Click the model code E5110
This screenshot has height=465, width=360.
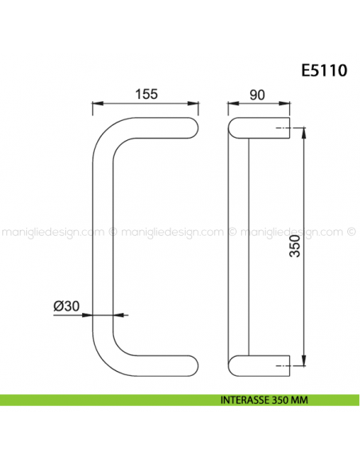pyautogui.click(x=323, y=70)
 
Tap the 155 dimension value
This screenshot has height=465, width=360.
pyautogui.click(x=146, y=93)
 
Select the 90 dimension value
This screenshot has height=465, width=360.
pyautogui.click(x=256, y=93)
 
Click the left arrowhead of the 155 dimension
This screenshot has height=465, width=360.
pyautogui.click(x=98, y=104)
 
